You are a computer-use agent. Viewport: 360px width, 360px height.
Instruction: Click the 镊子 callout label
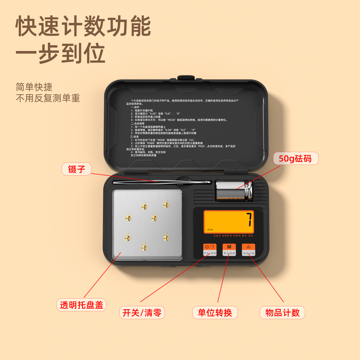pyautogui.click(x=76, y=169)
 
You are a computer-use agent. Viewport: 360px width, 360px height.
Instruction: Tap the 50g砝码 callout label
pyautogui.click(x=295, y=158)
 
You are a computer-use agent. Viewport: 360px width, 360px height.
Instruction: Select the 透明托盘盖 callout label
pyautogui.click(x=81, y=305)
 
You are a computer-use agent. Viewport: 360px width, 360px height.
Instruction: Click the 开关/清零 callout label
pyautogui.click(x=142, y=312)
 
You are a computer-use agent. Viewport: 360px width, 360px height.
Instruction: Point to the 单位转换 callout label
pyautogui.click(x=215, y=312)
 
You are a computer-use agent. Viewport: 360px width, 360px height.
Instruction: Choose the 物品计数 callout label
pyautogui.click(x=282, y=312)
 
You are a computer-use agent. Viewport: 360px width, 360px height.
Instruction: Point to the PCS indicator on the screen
pyautogui.click(x=210, y=230)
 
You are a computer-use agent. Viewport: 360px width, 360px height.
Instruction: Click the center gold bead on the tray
pyautogui.click(x=154, y=218)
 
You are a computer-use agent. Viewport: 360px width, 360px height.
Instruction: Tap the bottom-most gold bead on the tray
pyautogui.click(x=144, y=247)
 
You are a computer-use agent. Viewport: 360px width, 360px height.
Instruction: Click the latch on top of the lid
pyautogui.click(x=186, y=77)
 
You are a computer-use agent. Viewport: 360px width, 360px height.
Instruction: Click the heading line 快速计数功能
pyautogui.click(x=83, y=26)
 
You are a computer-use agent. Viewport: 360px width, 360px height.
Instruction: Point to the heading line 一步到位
pyautogui.click(x=60, y=53)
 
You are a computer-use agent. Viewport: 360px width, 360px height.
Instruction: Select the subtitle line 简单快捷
pyautogui.click(x=34, y=87)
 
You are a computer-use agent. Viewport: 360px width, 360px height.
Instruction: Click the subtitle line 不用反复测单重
pyautogui.click(x=48, y=98)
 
